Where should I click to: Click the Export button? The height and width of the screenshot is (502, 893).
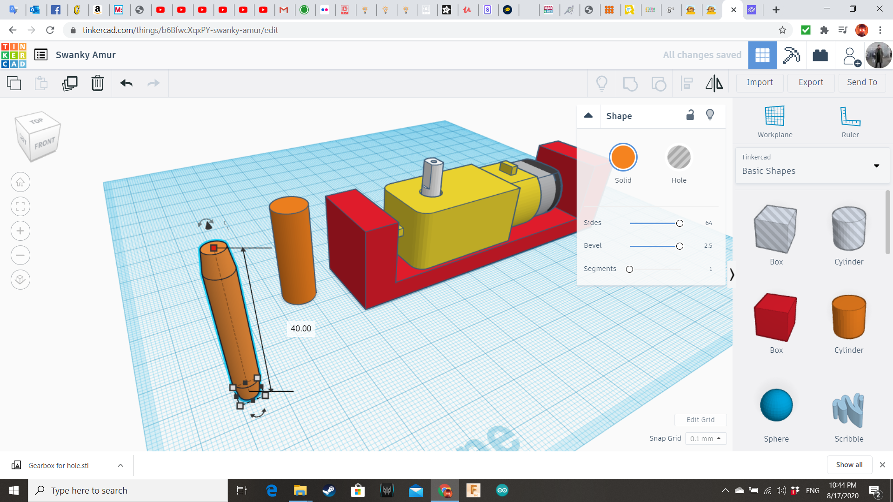pyautogui.click(x=811, y=82)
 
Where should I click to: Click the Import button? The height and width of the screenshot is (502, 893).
pyautogui.click(x=760, y=82)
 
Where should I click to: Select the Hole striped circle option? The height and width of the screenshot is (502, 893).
pyautogui.click(x=679, y=158)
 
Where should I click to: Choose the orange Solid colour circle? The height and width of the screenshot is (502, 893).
pyautogui.click(x=623, y=158)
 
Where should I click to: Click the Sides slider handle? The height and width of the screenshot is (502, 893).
pyautogui.click(x=680, y=224)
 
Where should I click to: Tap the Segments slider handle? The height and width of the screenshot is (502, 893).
pyautogui.click(x=629, y=270)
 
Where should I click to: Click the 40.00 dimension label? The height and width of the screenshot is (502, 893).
pyautogui.click(x=301, y=329)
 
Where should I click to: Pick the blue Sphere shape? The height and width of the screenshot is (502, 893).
pyautogui.click(x=776, y=405)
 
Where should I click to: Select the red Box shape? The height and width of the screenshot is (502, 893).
pyautogui.click(x=776, y=317)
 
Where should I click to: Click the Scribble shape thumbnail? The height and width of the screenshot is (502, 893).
pyautogui.click(x=848, y=410)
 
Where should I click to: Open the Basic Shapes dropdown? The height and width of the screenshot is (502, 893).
pyautogui.click(x=812, y=165)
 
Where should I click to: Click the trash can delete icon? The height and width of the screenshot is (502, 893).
pyautogui.click(x=97, y=83)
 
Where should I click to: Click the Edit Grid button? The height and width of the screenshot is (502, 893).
pyautogui.click(x=700, y=420)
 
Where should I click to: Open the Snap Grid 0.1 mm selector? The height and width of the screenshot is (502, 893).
pyautogui.click(x=705, y=439)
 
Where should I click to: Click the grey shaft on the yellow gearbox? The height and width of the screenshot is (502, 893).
pyautogui.click(x=433, y=177)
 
